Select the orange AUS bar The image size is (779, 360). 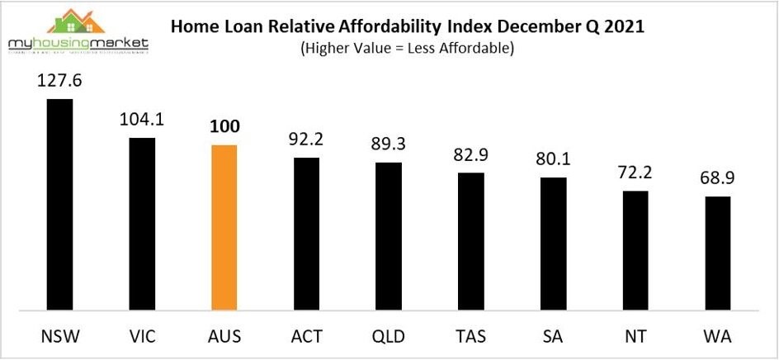(x=224, y=227)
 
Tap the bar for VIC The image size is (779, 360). (x=142, y=223)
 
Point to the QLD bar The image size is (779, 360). (x=389, y=236)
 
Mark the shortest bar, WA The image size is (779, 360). (x=718, y=253)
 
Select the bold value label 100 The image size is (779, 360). (x=224, y=128)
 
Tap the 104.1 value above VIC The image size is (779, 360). (x=142, y=120)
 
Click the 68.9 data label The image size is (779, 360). (x=718, y=179)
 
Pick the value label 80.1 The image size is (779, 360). (x=554, y=160)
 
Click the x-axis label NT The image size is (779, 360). (x=636, y=337)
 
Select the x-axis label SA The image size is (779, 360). (x=554, y=337)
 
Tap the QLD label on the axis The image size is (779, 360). (x=389, y=337)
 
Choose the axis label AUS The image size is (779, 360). (x=224, y=337)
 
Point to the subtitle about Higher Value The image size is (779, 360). (x=408, y=48)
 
